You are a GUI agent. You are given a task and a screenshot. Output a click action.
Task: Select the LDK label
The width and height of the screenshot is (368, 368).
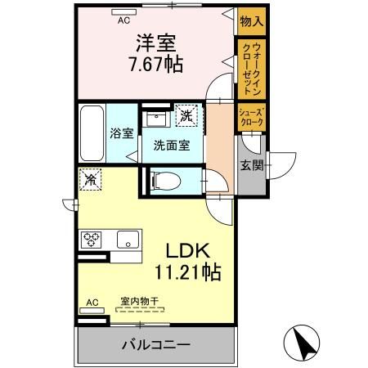189,249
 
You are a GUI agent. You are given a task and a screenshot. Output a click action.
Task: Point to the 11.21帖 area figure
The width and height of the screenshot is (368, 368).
189,272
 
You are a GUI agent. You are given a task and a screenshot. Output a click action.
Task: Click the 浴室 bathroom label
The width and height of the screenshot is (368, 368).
122,133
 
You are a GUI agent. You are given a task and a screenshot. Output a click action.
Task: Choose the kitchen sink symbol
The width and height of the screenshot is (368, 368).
126,240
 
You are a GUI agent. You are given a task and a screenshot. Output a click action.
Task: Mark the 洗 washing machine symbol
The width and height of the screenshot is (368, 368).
188,118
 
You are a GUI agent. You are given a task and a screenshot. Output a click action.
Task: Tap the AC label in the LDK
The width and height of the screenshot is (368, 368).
92,303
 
